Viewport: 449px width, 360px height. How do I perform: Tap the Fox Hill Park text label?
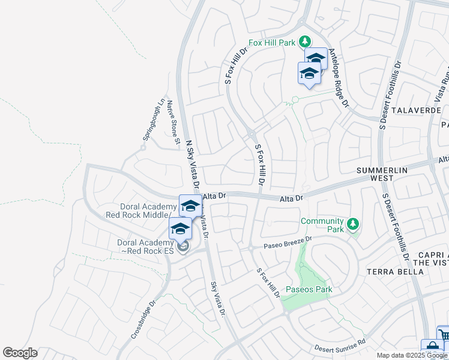[x=273, y=43]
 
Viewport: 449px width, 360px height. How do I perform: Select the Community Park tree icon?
[x=353, y=224]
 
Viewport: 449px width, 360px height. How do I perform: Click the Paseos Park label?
[x=309, y=289]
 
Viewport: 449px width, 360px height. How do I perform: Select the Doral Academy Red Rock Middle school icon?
[x=190, y=205]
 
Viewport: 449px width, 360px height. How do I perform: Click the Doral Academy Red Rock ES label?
[x=144, y=246]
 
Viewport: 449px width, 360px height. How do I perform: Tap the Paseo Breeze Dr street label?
[x=289, y=242]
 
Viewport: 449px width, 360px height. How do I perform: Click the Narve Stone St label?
[x=173, y=122]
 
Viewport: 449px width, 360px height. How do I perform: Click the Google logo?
[x=20, y=352]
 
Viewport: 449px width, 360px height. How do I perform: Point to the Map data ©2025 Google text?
[x=412, y=355]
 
